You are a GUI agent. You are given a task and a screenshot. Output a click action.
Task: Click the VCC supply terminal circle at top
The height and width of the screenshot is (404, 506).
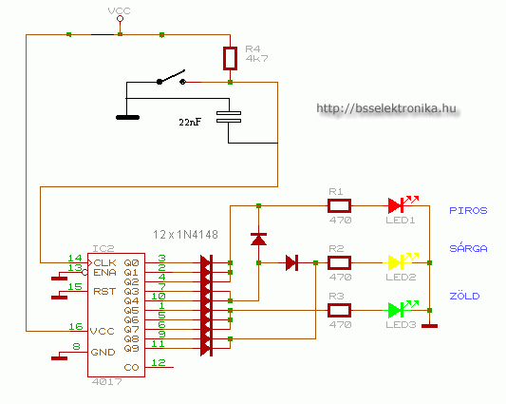point(120,19)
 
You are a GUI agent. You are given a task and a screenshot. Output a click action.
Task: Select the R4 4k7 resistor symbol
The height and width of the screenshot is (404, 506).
point(230,58)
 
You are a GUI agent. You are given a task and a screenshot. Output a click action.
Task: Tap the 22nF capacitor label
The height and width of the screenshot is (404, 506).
point(190,122)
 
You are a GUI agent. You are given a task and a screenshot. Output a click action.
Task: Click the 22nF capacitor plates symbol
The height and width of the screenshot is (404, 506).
point(229,117)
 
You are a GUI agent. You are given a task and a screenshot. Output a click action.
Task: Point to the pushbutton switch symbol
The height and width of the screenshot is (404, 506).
point(171,78)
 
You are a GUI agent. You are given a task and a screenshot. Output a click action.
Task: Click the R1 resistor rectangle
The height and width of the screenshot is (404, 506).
point(339,206)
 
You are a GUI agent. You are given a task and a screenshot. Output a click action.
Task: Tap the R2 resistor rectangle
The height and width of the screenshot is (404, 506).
point(339,262)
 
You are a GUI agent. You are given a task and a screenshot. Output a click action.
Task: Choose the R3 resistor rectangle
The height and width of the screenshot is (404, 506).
point(339,310)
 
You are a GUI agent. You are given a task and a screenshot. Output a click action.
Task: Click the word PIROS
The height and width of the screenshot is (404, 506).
point(468,211)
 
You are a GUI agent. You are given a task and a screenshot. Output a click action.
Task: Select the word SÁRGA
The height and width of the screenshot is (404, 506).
point(468,248)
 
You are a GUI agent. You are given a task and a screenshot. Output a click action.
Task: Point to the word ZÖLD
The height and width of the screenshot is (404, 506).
point(464,296)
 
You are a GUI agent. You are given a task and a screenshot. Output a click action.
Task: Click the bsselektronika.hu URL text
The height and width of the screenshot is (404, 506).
point(386,108)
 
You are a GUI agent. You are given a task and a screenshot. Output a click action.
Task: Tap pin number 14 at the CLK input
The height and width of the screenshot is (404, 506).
point(75,258)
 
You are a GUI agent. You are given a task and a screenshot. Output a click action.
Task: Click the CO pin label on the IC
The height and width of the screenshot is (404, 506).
point(131,368)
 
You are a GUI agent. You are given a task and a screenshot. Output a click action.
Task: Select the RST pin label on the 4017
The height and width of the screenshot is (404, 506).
point(104,292)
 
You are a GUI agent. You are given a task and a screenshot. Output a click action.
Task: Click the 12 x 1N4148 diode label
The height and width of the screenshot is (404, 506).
point(185,234)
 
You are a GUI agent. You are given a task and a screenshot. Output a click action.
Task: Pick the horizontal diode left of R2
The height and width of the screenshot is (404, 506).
point(291,262)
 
